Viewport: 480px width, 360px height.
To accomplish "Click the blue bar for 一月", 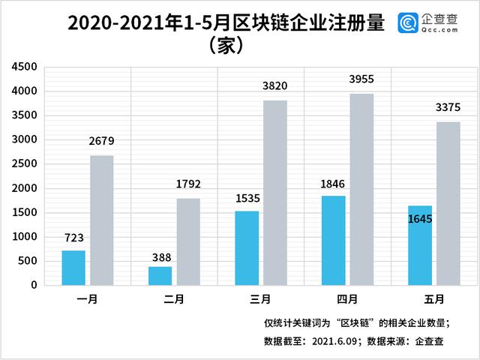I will tap(73, 268).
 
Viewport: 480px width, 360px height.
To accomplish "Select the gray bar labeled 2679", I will tap(102, 220).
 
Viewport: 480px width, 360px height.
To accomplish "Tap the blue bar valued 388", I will tap(160, 276).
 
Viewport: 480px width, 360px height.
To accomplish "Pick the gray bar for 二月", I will tap(188, 241).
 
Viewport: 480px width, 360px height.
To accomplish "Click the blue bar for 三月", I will tap(247, 248).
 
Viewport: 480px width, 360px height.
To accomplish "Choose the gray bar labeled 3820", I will tap(275, 193).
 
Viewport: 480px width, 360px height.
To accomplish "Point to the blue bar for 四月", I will tap(333, 241).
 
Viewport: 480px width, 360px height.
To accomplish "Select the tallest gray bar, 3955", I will tap(361, 189).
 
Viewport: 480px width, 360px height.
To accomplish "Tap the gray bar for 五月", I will tap(448, 203).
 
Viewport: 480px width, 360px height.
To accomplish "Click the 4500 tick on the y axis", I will tap(25, 67).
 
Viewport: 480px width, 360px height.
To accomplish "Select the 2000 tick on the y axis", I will tap(25, 188).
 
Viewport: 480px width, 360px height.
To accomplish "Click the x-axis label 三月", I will tap(260, 298).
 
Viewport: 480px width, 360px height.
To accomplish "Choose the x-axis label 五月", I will tap(433, 298).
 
